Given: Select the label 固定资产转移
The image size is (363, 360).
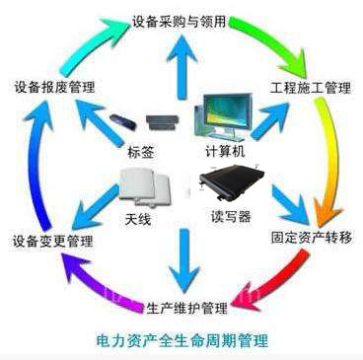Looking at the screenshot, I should [x=309, y=237].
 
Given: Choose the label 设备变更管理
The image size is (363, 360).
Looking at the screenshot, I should [x=52, y=241].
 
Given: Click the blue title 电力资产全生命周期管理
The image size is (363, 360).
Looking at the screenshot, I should [x=183, y=340].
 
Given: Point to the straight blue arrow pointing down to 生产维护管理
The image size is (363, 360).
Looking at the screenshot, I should [x=181, y=255].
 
